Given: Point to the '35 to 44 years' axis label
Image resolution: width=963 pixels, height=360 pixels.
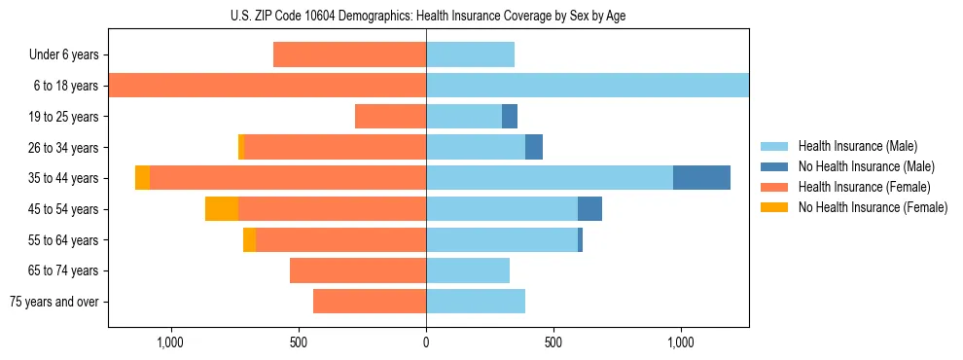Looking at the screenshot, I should pyautogui.click(x=63, y=178).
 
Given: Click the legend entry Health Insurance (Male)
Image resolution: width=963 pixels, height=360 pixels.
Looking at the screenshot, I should pyautogui.click(x=857, y=146).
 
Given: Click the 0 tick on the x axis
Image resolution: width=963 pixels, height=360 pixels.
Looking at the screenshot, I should pyautogui.click(x=426, y=342).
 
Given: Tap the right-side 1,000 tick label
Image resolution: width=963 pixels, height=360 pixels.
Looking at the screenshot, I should pyautogui.click(x=680, y=342).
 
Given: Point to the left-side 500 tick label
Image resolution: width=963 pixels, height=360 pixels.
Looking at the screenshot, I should pyautogui.click(x=299, y=342).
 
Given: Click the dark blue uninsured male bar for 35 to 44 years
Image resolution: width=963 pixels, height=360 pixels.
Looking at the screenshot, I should pyautogui.click(x=701, y=178).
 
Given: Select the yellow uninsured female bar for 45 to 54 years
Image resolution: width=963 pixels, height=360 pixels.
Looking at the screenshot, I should pyautogui.click(x=222, y=209).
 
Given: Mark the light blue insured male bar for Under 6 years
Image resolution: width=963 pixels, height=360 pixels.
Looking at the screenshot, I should pyautogui.click(x=470, y=55).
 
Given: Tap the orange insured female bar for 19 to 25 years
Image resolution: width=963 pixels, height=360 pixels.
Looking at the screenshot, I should pyautogui.click(x=390, y=117).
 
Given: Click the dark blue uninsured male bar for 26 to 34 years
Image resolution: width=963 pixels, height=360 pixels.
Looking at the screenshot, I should pyautogui.click(x=534, y=148).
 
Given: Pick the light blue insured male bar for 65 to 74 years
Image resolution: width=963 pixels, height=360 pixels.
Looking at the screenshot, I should pyautogui.click(x=468, y=270).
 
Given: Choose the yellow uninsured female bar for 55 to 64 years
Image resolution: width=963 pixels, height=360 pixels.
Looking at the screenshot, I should pyautogui.click(x=250, y=240).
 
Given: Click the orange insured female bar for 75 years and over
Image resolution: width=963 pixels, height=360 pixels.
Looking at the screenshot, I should pyautogui.click(x=370, y=302).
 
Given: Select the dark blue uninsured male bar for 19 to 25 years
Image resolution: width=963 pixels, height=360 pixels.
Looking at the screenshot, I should pyautogui.click(x=510, y=117).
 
